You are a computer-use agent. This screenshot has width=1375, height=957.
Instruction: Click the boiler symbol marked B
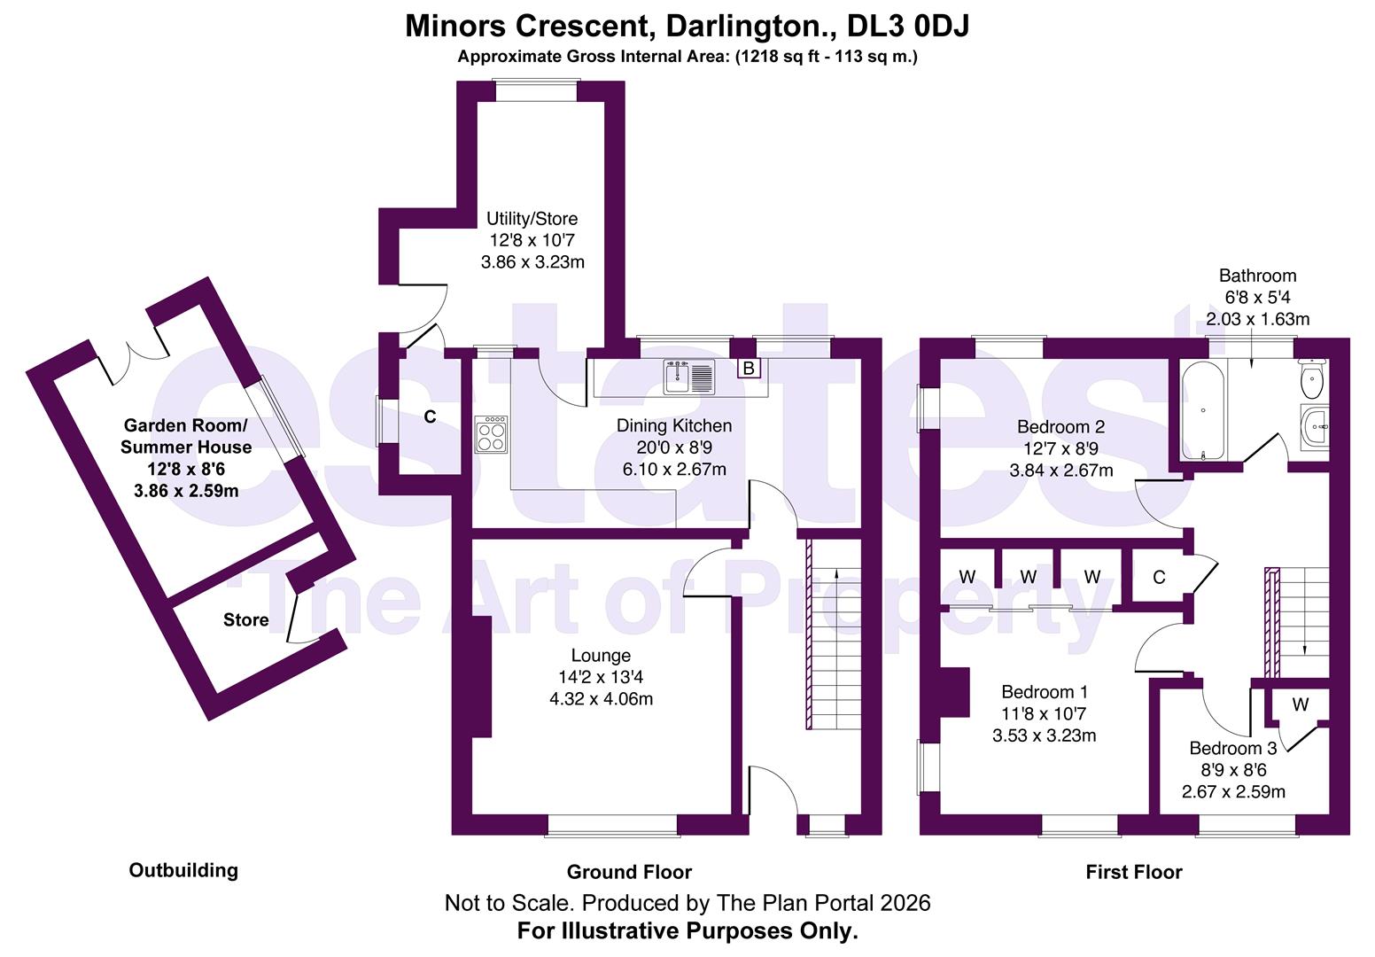click(749, 368)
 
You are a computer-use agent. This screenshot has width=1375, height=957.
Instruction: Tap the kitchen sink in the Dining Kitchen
click(688, 377)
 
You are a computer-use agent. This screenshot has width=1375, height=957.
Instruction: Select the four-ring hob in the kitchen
click(491, 434)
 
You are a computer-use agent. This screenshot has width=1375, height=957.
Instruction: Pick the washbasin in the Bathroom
click(1315, 427)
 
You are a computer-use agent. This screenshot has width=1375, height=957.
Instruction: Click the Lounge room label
click(601, 656)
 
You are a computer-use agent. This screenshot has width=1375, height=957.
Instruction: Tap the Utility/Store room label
click(532, 219)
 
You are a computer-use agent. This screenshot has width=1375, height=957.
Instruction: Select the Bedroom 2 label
click(1060, 427)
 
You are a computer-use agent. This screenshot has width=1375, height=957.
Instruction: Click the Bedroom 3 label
click(1233, 749)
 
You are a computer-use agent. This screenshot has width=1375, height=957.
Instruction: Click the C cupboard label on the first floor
click(1159, 578)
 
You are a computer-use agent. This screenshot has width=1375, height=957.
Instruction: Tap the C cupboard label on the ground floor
click(430, 417)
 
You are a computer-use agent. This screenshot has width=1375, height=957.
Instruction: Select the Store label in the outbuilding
click(245, 620)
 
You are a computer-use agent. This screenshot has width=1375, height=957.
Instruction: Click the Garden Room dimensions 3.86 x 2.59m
click(186, 491)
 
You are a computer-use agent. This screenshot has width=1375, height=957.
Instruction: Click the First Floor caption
click(1133, 873)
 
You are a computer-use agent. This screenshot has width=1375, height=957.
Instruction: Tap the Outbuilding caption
click(183, 870)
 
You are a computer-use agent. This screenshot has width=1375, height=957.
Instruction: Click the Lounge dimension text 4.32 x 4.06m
click(601, 699)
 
